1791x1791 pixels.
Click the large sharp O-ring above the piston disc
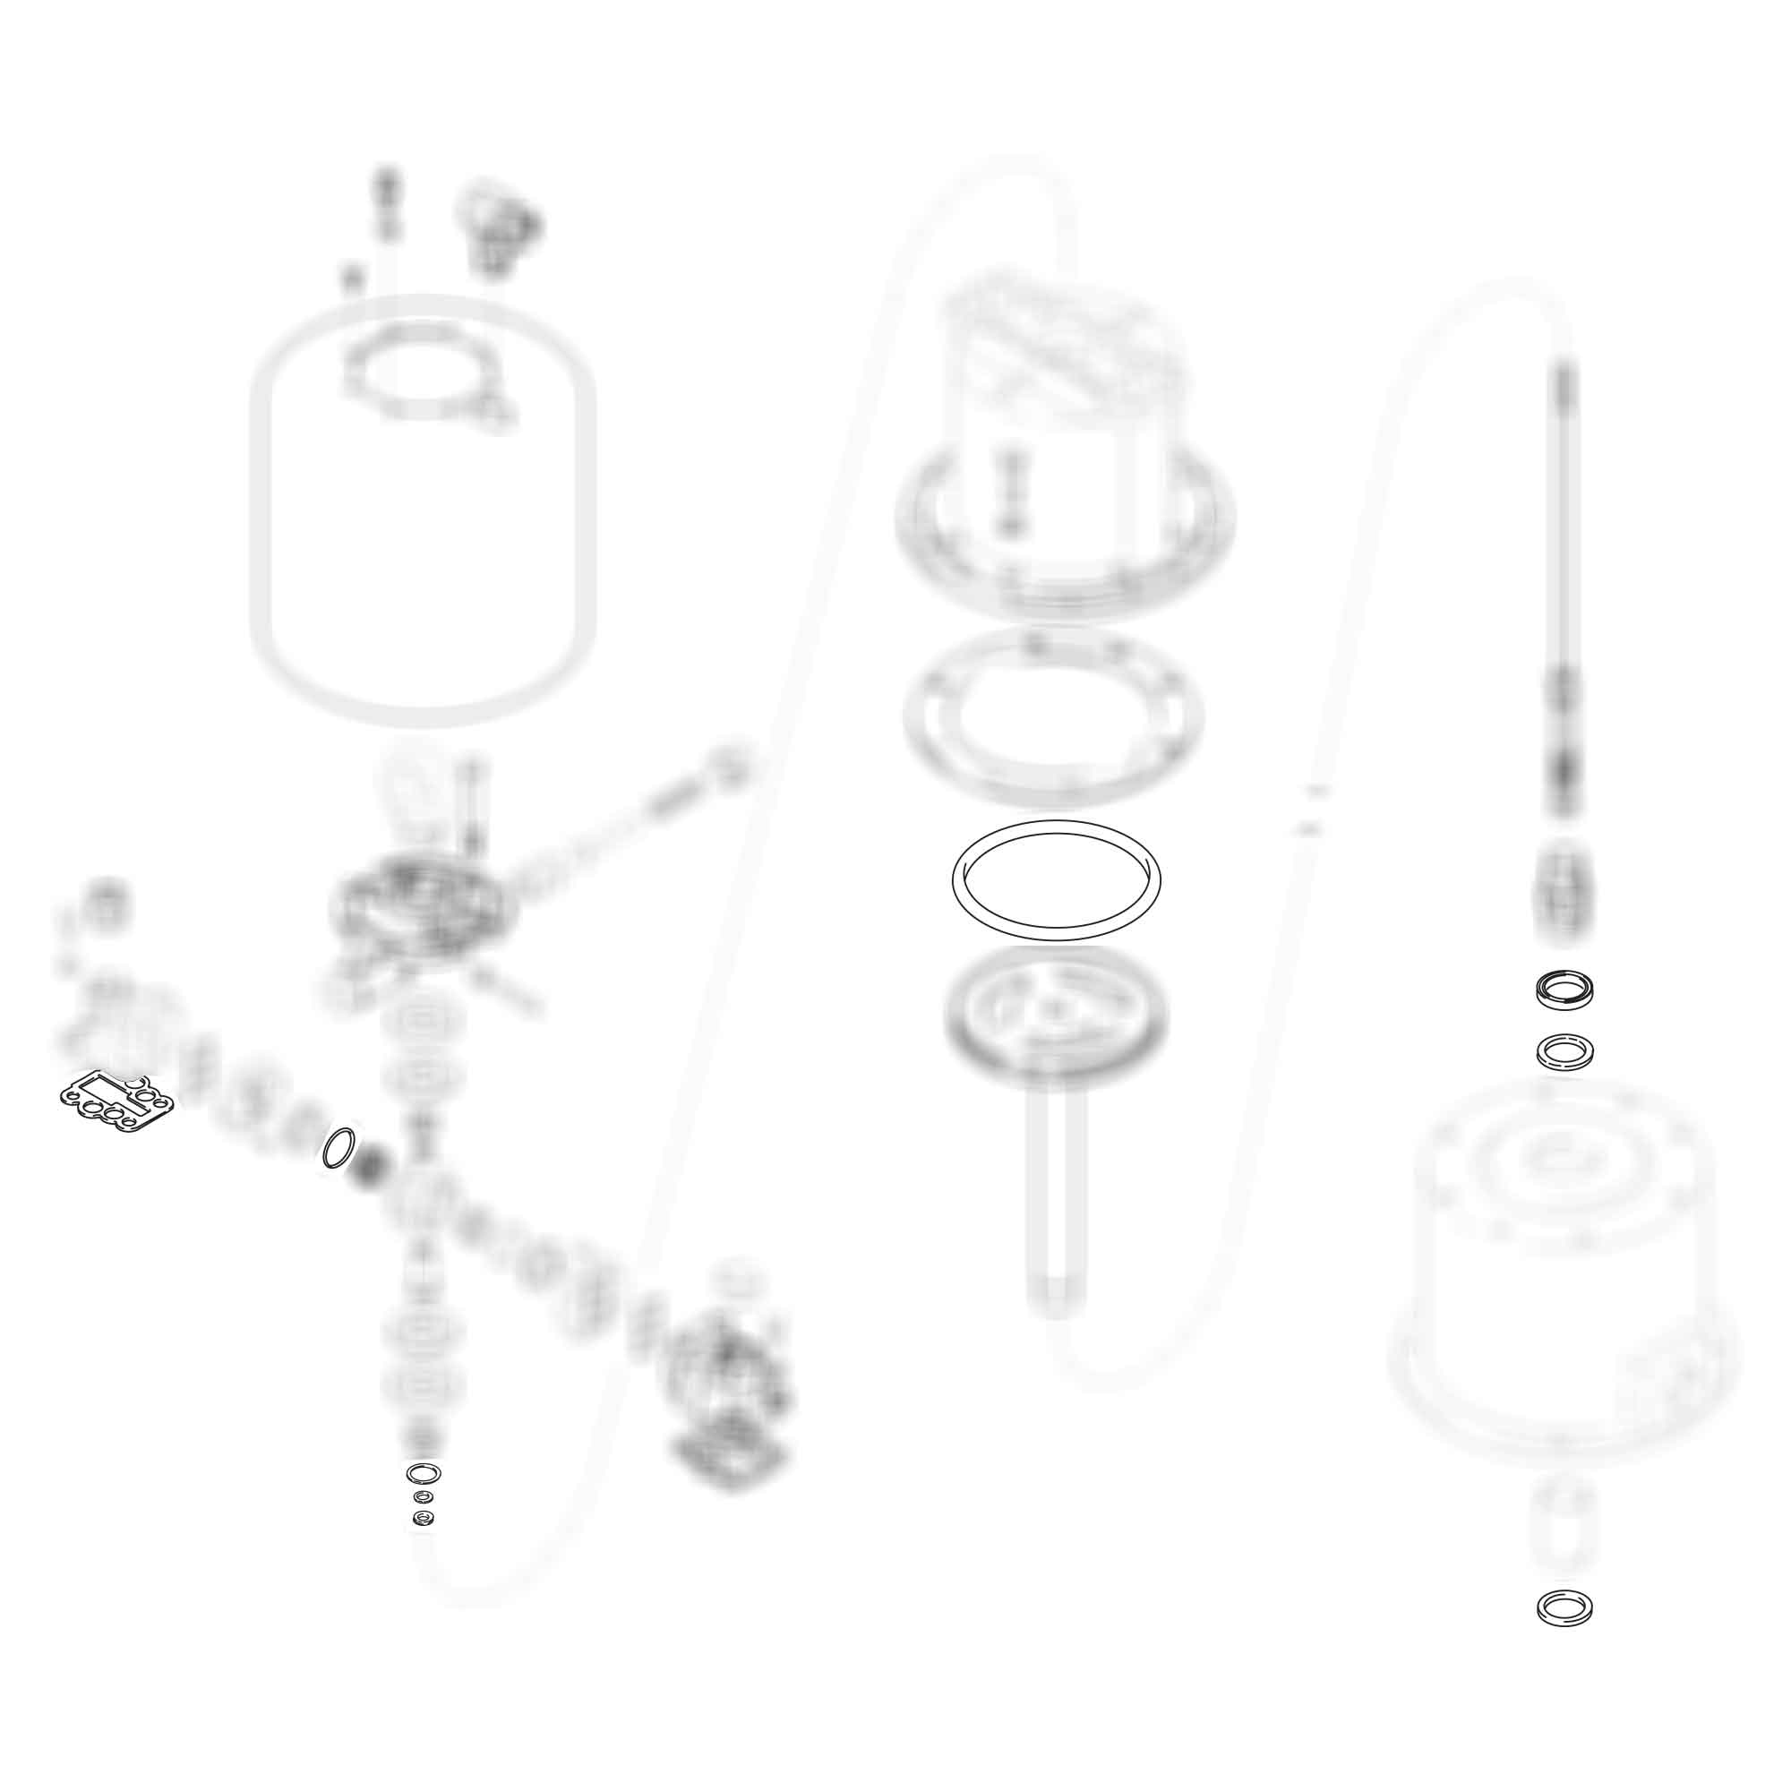[1056, 879]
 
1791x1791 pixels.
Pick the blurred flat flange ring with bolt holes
[1054, 716]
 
